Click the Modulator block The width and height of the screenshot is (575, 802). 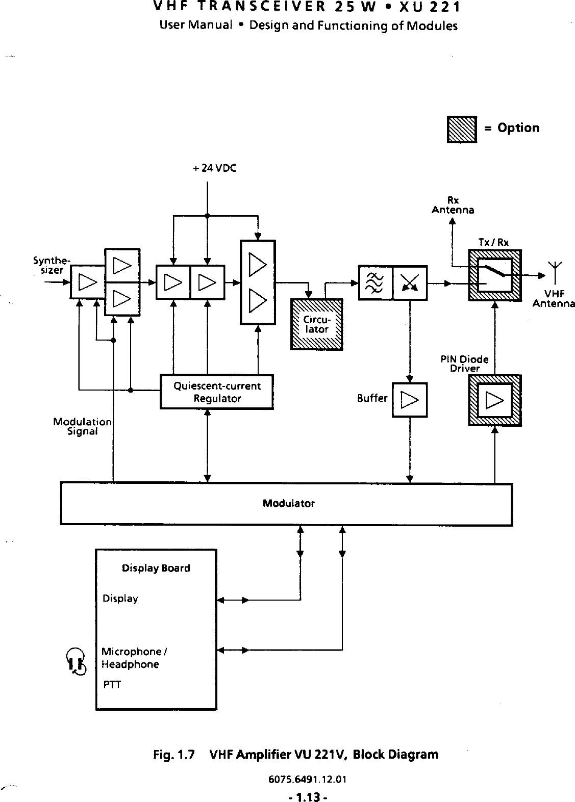[x=286, y=504]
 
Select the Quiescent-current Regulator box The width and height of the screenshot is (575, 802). [x=217, y=392]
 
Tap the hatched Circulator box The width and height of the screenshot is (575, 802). [x=316, y=325]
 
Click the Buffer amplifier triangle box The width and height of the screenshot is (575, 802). [x=410, y=400]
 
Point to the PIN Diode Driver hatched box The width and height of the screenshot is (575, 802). [x=495, y=400]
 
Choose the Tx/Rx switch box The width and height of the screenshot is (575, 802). [x=495, y=276]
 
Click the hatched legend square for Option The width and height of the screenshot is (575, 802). [x=462, y=129]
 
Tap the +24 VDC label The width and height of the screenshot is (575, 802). [x=215, y=168]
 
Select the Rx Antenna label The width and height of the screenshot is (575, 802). [x=453, y=205]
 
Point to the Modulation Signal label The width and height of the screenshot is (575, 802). [x=82, y=426]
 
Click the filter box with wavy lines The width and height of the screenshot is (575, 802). [x=376, y=282]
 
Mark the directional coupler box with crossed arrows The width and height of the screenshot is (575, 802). [x=410, y=282]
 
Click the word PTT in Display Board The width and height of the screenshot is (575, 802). [x=112, y=685]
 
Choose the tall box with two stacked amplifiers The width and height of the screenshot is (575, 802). [x=258, y=282]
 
